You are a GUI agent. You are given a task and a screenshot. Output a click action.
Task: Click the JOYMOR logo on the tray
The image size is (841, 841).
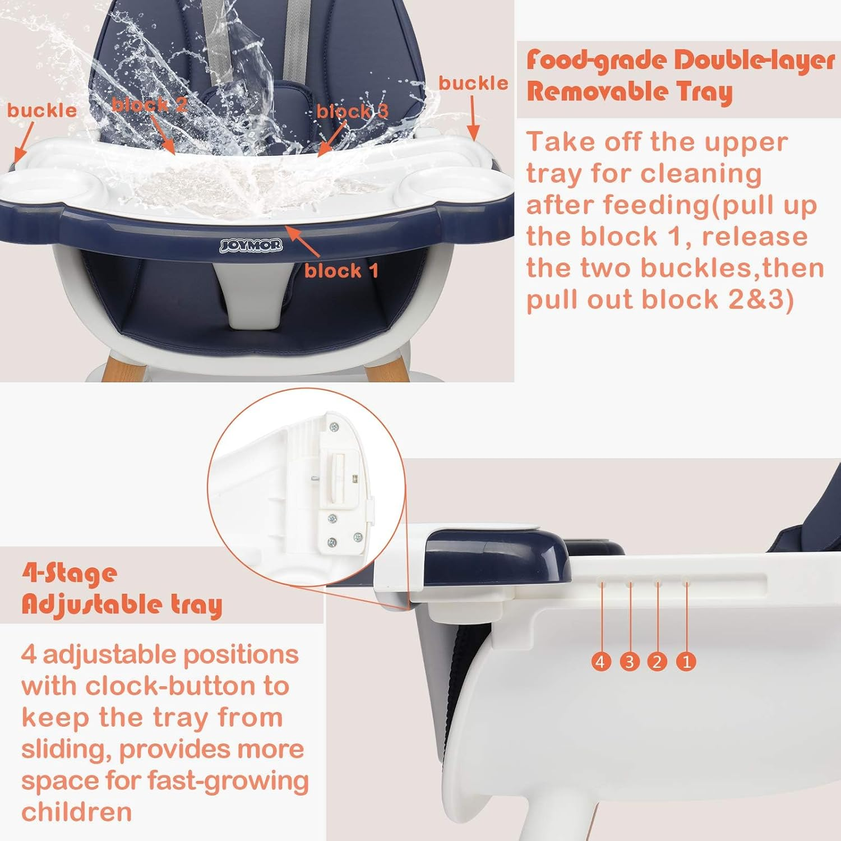click(x=251, y=245)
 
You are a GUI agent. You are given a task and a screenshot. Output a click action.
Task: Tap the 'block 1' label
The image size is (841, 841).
click(x=341, y=271)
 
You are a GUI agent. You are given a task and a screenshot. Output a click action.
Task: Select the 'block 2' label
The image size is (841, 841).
click(x=149, y=105)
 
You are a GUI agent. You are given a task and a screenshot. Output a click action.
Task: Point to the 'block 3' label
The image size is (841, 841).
click(x=352, y=111)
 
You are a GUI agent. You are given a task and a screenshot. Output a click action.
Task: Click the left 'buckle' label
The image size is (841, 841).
click(x=42, y=110)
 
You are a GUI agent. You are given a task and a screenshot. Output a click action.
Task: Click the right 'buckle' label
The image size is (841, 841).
click(x=473, y=83)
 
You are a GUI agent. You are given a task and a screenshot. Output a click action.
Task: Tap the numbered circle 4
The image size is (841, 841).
click(x=601, y=662)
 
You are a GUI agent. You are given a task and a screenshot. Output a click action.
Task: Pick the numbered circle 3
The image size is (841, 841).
click(x=629, y=662)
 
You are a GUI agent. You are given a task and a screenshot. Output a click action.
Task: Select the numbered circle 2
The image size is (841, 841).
click(x=657, y=662)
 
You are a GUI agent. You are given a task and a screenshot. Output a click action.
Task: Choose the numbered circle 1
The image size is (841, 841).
click(x=686, y=662)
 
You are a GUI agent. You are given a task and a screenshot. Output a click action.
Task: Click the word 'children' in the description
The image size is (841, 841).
click(x=77, y=811)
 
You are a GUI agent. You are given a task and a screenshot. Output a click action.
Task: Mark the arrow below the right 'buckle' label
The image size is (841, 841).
click(x=473, y=118)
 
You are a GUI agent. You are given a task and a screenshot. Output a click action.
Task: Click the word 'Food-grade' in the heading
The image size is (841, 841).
click(x=596, y=60)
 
